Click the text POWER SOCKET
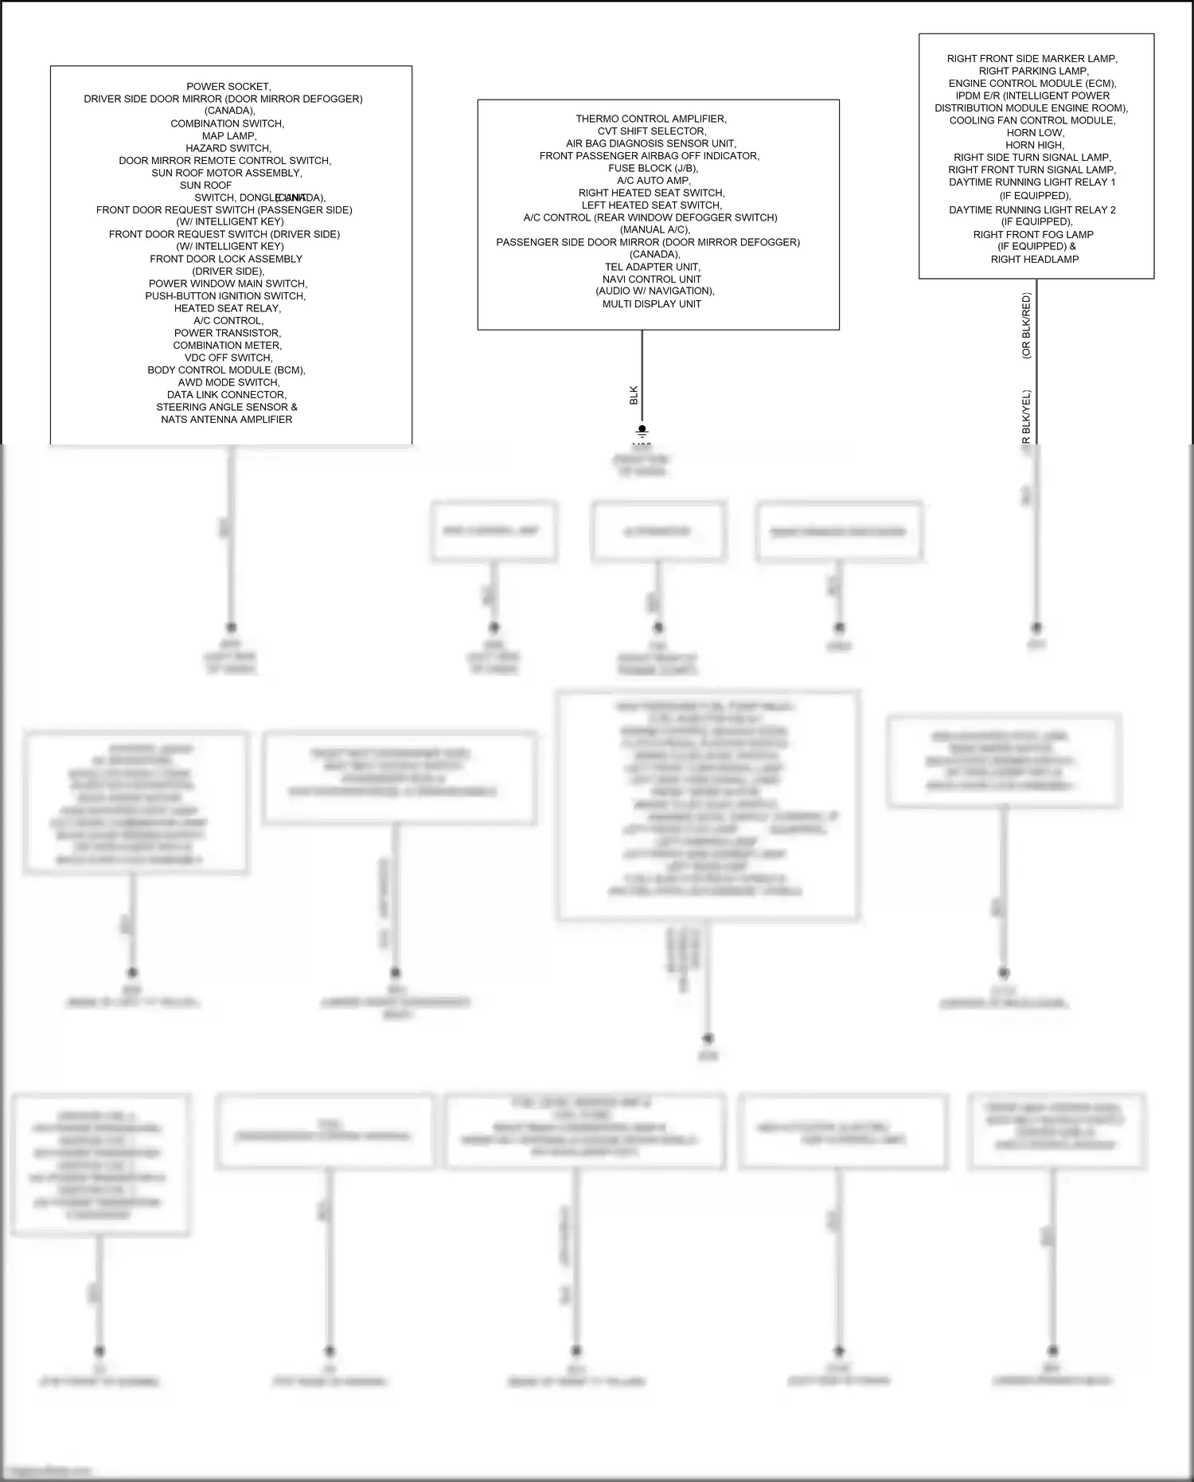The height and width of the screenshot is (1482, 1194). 228,87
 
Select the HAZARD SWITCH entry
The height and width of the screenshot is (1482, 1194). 228,148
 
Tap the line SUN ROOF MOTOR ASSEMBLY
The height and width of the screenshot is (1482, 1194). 227,173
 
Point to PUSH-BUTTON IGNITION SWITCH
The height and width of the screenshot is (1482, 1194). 225,295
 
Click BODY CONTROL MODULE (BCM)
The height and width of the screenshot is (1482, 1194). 226,370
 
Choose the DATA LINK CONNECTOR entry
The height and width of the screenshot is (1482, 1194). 227,394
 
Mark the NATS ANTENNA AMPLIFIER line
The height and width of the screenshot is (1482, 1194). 227,419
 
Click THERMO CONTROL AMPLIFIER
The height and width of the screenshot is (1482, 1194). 651,119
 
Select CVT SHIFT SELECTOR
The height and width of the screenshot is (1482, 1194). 651,131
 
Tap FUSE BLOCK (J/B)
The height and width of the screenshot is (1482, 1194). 652,168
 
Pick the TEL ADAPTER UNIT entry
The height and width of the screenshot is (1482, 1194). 652,267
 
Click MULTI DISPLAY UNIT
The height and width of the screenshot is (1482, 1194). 651,303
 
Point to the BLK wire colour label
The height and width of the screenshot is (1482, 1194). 634,395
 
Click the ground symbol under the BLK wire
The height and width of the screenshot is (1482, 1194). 642,432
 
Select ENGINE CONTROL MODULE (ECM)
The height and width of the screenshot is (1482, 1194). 1032,84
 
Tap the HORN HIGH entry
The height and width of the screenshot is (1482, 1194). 1034,145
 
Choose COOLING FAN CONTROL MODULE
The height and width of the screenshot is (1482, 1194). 1032,120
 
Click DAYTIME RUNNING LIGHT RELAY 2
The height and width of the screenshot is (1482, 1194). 1032,210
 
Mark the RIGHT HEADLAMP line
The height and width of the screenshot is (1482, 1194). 1034,259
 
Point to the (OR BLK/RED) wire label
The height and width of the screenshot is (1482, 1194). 1026,326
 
